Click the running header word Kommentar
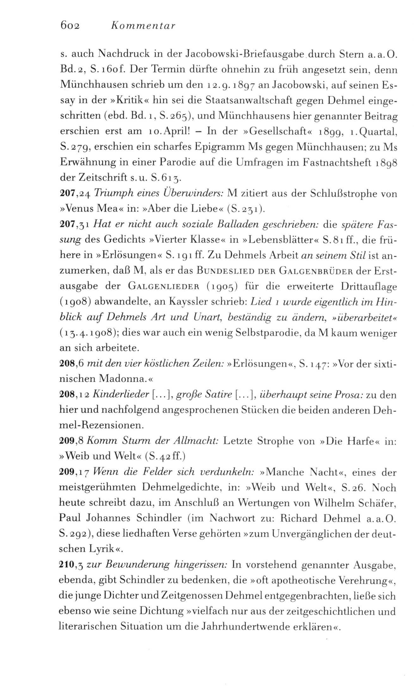(x=143, y=26)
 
